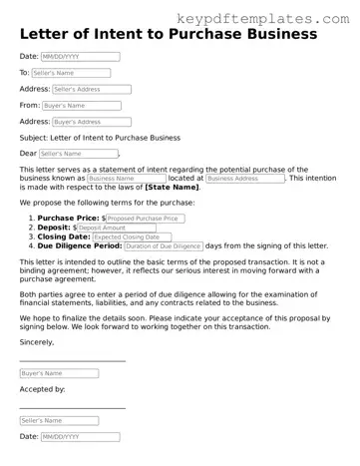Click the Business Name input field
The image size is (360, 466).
[127, 179]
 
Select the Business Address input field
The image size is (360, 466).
[242, 179]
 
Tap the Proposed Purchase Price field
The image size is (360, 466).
[146, 218]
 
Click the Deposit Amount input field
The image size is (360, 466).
[117, 227]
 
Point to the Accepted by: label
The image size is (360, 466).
[42, 389]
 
